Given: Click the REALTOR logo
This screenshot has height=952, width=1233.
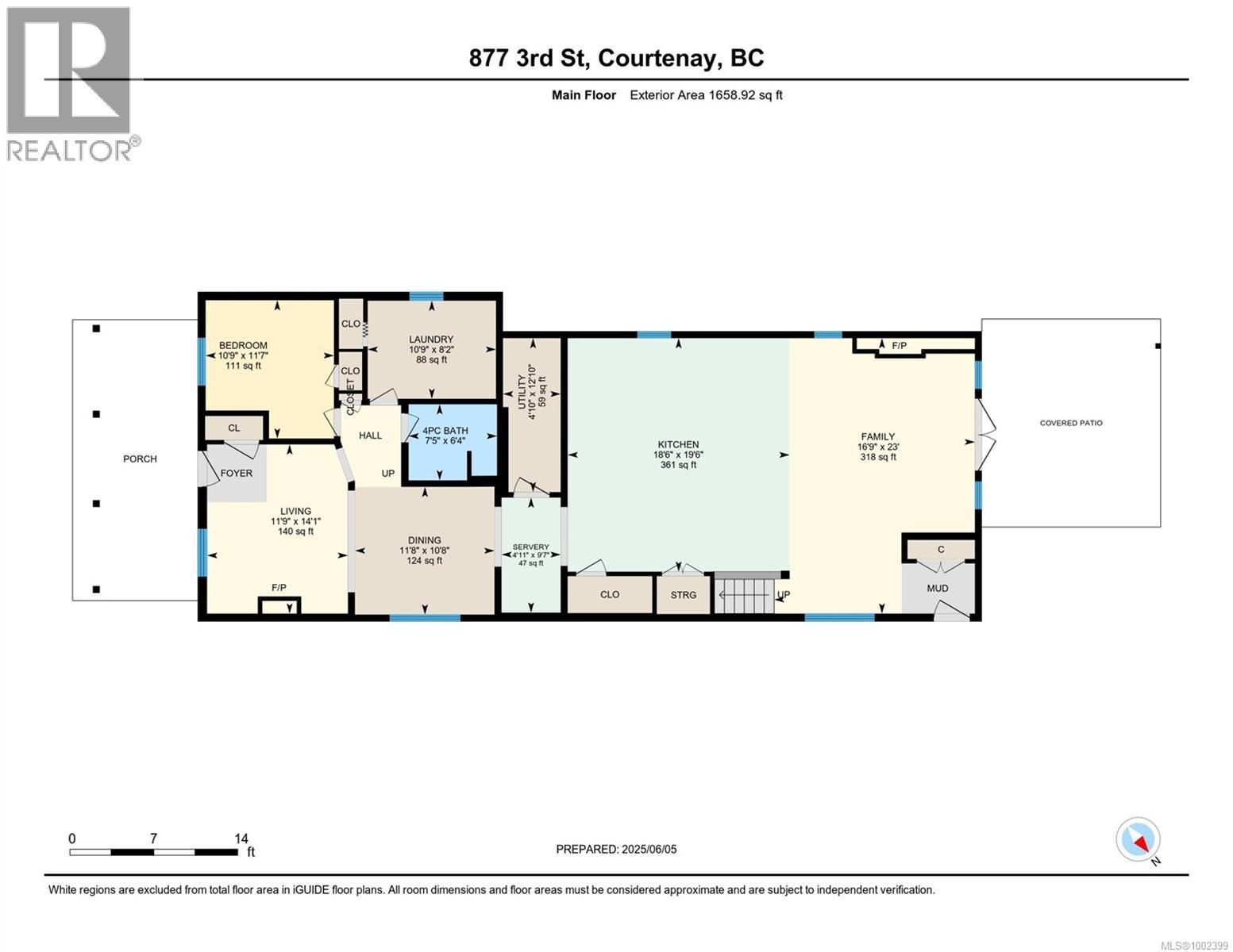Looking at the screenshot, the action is pos(72,84).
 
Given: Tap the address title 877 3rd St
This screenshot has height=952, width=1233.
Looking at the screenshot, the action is pos(528,58).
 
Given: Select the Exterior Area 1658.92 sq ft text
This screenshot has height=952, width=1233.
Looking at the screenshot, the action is pos(706,95).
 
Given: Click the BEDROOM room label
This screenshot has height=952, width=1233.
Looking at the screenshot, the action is pos(243,345).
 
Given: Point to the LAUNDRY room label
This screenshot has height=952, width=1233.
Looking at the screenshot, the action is pos(431,339).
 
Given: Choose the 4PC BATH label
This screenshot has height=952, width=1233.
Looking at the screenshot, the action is pos(445,431).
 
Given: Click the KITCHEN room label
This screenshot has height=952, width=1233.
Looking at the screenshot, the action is pos(678,444).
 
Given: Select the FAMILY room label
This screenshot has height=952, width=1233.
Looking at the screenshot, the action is pos(878,436).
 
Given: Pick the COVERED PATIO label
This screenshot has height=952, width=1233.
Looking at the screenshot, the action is pos(1071,423).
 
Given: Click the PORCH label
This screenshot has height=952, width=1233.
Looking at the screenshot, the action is pos(140,459).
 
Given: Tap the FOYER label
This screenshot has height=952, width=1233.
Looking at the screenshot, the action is pos(236,473).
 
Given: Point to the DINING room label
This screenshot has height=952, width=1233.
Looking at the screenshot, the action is pos(425,540).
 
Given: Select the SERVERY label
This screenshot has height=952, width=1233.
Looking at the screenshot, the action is pos(530,547).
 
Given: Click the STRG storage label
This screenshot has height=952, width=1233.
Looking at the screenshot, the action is pos(683,595).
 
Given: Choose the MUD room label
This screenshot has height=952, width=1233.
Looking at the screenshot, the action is pos(938,589).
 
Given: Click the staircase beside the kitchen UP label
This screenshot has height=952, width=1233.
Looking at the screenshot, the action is pos(744,594).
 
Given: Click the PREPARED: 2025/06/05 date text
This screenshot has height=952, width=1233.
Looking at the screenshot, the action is pos(616,850).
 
